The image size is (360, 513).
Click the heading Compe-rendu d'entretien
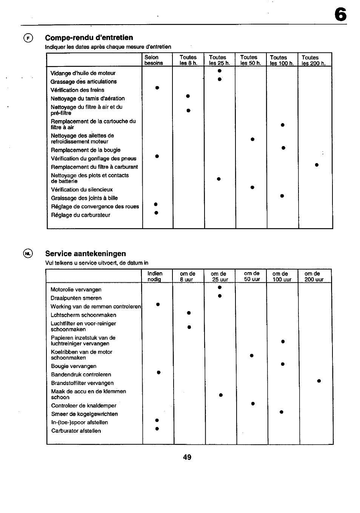pyautogui.click(x=89, y=37)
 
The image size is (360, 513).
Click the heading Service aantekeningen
pyautogui.click(x=86, y=254)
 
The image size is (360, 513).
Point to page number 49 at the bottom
pyautogui.click(x=187, y=457)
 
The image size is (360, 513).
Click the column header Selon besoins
pyautogui.click(x=154, y=60)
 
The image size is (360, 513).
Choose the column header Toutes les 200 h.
pyautogui.click(x=313, y=60)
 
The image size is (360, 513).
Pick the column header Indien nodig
pyautogui.click(x=155, y=276)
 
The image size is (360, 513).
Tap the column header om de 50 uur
pyautogui.click(x=252, y=276)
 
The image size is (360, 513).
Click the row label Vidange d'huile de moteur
pyautogui.click(x=83, y=73)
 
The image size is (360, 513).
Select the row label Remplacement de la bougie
pyautogui.click(x=86, y=150)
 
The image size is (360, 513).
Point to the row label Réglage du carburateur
pyautogui.click(x=81, y=215)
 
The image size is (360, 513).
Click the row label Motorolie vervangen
pyautogui.click(x=76, y=290)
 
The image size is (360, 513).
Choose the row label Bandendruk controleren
pyautogui.click(x=81, y=374)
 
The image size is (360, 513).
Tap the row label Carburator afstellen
pyautogui.click(x=76, y=431)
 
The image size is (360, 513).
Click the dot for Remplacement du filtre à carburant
pyautogui.click(x=317, y=165)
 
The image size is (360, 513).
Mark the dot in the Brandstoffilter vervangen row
pyautogui.click(x=319, y=381)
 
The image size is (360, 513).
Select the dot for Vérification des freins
pyautogui.click(x=157, y=88)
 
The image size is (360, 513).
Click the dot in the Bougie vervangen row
pyautogui.click(x=283, y=364)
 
